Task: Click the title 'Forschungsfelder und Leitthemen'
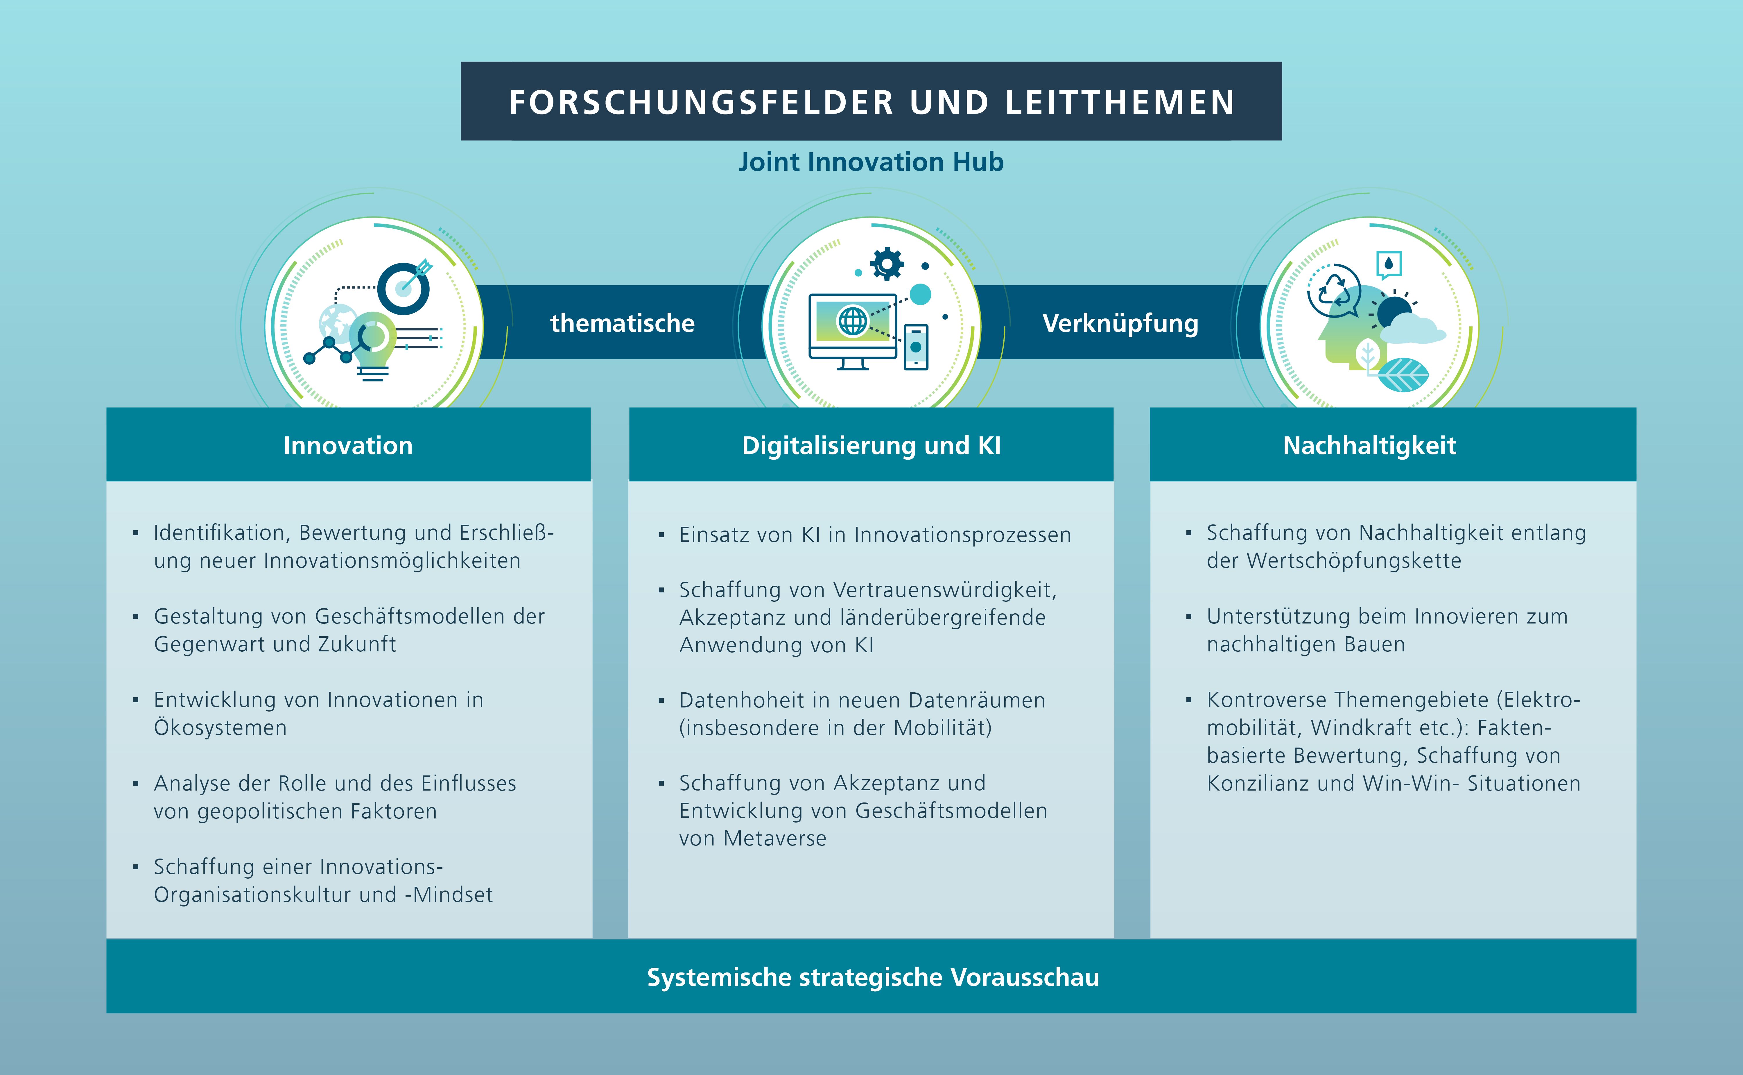[x=871, y=102]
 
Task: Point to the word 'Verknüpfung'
[x=1120, y=323]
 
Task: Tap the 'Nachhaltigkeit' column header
[x=1369, y=445]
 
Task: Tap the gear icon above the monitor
[x=887, y=264]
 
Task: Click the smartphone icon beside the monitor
[x=916, y=346]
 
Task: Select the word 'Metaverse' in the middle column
[x=775, y=839]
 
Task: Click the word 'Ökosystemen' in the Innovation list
[x=220, y=728]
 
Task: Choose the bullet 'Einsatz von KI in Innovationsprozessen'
[x=874, y=535]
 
